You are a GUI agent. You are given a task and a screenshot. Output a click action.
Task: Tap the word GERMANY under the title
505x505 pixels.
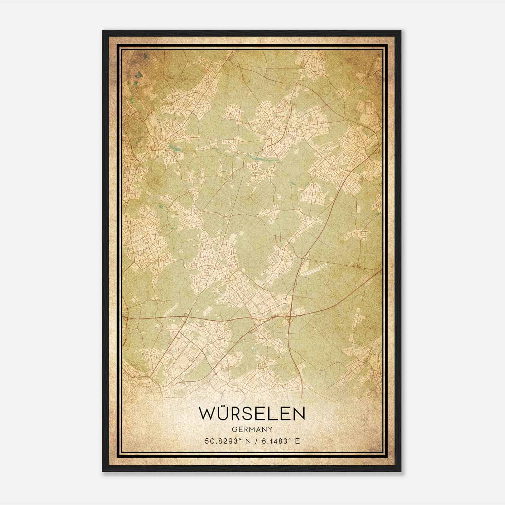(x=252, y=430)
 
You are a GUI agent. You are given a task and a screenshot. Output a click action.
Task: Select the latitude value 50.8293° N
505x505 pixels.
(x=227, y=441)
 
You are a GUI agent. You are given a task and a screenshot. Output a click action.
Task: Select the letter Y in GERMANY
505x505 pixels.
(x=270, y=430)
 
